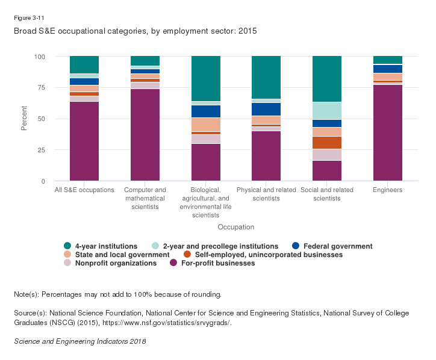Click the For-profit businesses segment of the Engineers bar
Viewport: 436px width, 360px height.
point(387,132)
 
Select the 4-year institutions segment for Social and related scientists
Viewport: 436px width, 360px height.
point(326,79)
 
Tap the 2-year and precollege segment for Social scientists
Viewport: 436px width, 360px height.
point(326,111)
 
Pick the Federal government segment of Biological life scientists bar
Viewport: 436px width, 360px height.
point(205,111)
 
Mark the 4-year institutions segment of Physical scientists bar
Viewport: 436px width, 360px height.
point(266,77)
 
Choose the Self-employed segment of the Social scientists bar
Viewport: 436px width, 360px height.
point(326,143)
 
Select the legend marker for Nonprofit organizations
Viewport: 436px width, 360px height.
point(68,263)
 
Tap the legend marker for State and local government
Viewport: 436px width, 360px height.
point(68,255)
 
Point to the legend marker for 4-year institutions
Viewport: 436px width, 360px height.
point(68,246)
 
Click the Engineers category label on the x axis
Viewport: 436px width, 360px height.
point(387,190)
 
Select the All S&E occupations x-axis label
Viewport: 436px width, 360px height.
point(84,190)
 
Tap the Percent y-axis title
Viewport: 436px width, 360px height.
point(25,119)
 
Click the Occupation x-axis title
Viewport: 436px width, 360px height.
point(235,227)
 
